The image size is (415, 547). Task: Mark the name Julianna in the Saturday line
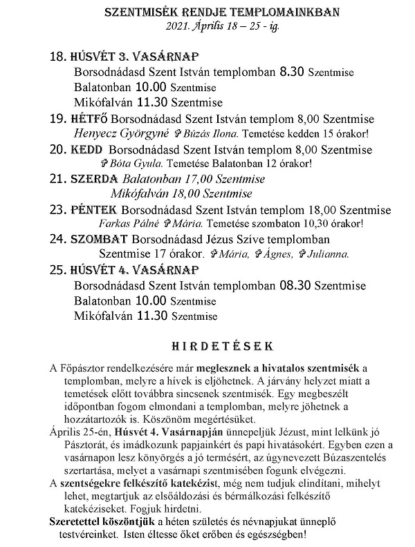pos(327,253)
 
